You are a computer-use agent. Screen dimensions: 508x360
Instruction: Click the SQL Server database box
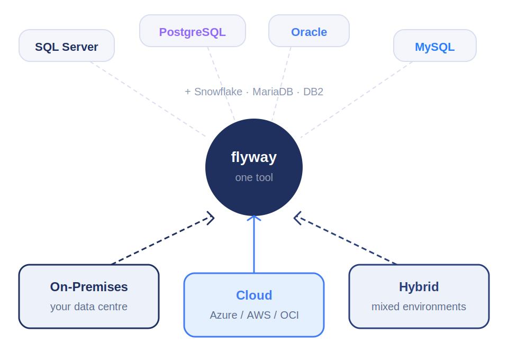[x=67, y=46]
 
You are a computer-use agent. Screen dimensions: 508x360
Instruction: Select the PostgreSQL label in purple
[x=193, y=32]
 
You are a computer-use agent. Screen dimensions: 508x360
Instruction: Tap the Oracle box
[x=309, y=31]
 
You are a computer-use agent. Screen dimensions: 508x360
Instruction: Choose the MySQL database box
[x=435, y=46]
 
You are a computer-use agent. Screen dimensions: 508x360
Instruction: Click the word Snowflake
[x=218, y=92]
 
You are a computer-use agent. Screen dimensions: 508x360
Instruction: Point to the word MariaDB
[x=273, y=92]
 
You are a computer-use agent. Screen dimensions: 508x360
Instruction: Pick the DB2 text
[x=313, y=92]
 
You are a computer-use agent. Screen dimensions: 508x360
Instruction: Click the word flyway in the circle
[x=254, y=157]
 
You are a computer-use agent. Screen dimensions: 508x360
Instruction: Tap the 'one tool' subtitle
[x=254, y=177]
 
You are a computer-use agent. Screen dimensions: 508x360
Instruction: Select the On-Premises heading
[x=89, y=287]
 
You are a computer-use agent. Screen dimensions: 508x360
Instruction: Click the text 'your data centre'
[x=89, y=307]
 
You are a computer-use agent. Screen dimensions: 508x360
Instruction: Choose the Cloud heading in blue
[x=254, y=295]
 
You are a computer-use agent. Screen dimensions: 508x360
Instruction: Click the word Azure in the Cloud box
[x=223, y=315]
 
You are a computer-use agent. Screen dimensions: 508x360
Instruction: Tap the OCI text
[x=289, y=315]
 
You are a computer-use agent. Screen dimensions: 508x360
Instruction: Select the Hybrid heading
[x=419, y=287]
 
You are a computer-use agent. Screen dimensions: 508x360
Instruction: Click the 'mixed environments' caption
[x=419, y=307]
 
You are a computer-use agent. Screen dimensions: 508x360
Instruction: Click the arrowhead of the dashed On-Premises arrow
[x=211, y=218]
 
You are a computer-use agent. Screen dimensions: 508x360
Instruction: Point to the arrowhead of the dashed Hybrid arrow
[x=297, y=218]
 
